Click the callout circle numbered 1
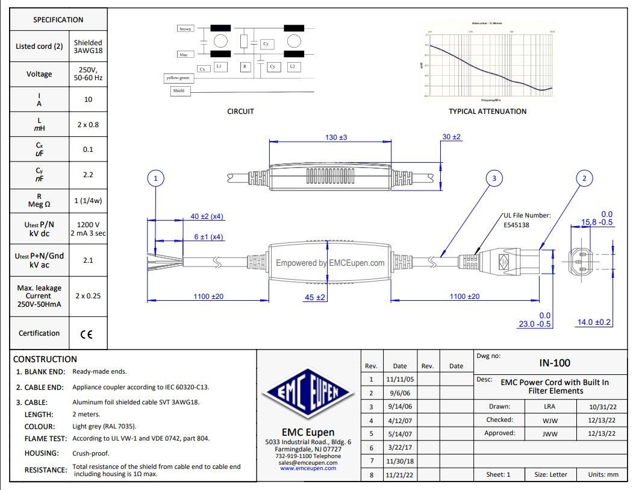(x=155, y=178)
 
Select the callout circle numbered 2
(x=584, y=178)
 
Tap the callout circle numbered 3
(x=494, y=178)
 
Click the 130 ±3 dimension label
(x=336, y=137)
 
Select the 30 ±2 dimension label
(x=451, y=137)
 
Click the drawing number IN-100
(x=554, y=363)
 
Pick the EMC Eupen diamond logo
(x=308, y=395)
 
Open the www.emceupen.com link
(x=308, y=468)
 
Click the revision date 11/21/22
(x=400, y=476)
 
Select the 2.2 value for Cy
(x=88, y=174)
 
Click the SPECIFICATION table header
(x=58, y=19)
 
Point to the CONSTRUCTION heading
(x=45, y=359)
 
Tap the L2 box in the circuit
(x=292, y=66)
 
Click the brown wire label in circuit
(x=185, y=28)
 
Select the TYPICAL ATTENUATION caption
(x=487, y=112)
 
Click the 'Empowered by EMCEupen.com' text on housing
(x=330, y=263)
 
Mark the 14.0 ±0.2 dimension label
(x=594, y=322)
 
